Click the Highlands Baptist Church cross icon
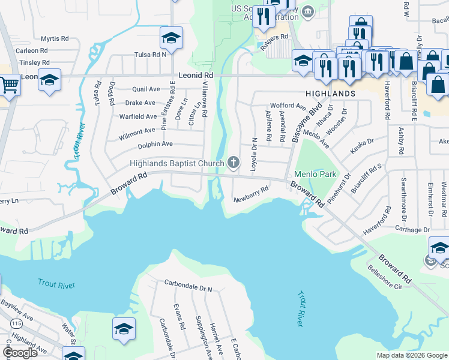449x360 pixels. [234, 162]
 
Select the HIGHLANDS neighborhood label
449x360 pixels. [330, 94]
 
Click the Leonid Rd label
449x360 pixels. [196, 76]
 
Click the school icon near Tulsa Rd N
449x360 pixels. [171, 38]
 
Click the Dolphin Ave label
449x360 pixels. [155, 144]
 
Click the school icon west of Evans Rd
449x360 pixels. [124, 329]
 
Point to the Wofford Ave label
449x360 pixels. [288, 106]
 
